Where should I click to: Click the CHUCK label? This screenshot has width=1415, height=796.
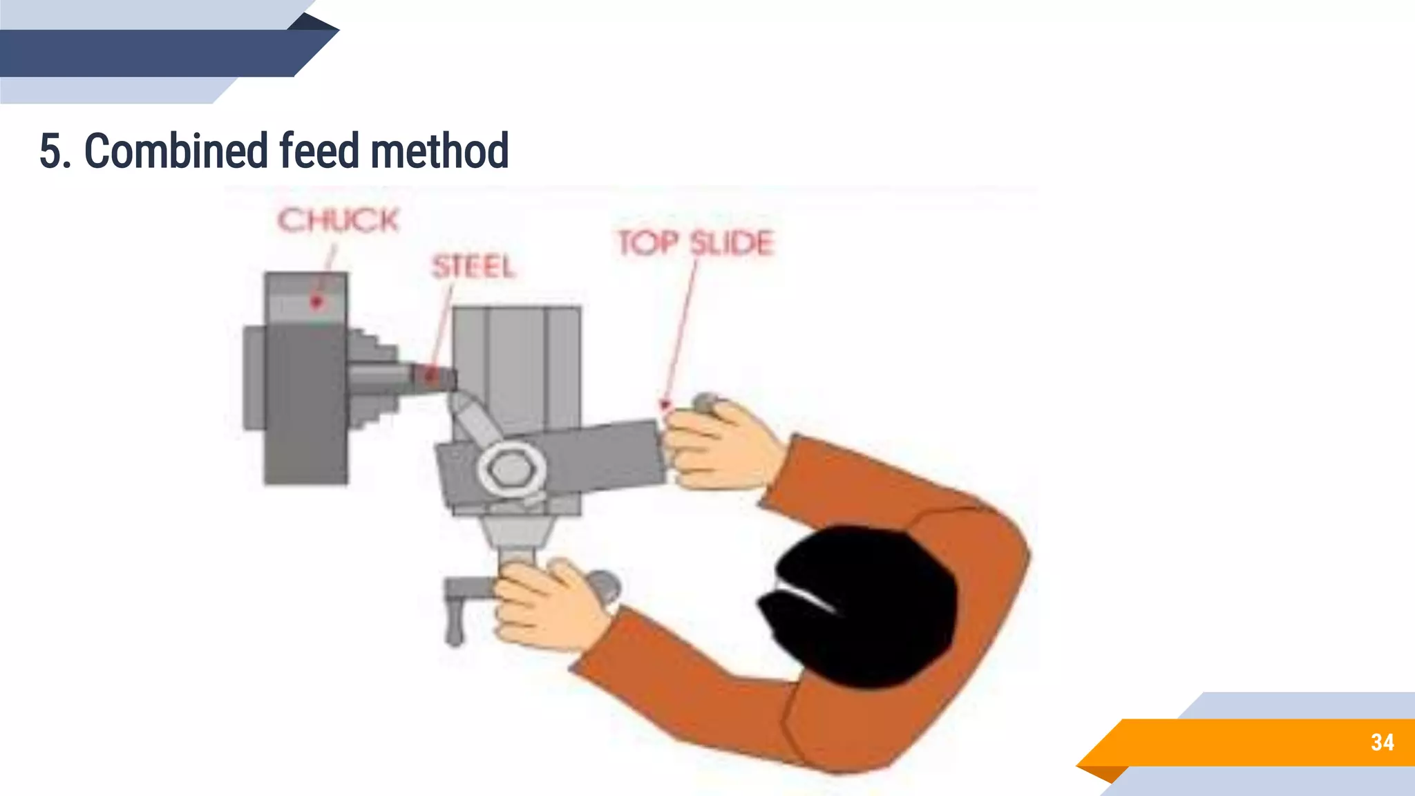point(338,221)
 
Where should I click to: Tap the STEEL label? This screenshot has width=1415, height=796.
point(474,267)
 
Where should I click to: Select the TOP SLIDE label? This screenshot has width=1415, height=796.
point(696,243)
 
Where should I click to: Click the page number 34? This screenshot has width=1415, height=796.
point(1382,743)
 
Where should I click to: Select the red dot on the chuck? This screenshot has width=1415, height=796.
point(316,302)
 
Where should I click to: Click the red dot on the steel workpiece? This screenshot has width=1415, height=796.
point(430,376)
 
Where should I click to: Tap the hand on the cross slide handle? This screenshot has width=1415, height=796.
point(546,601)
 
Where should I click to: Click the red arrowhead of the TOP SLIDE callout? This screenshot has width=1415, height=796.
point(665,405)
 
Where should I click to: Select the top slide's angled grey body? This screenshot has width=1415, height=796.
point(594,456)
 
